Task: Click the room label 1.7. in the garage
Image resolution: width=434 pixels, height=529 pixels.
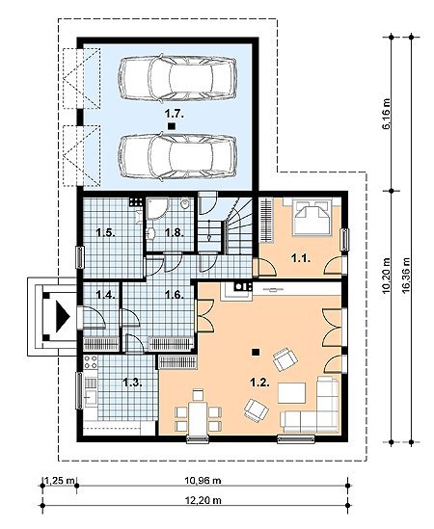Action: (x=175, y=114)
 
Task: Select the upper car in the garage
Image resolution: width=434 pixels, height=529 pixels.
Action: (x=177, y=78)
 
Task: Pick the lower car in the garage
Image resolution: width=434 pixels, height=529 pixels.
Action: (x=177, y=156)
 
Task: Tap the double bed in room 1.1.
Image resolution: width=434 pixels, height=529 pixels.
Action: (x=312, y=218)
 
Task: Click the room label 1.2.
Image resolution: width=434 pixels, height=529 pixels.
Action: (x=259, y=383)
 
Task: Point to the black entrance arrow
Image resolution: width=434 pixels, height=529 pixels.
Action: (x=63, y=316)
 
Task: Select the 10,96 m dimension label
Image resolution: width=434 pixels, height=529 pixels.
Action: (x=203, y=480)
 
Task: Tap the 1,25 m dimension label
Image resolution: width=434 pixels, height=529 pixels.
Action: (x=60, y=480)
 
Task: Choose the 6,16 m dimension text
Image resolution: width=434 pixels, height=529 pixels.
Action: (x=387, y=114)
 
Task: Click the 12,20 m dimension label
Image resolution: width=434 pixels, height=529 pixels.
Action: (x=203, y=500)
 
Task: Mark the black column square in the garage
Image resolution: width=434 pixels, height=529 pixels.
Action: (x=172, y=126)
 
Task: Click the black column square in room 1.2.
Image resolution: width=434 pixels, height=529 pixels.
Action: (x=256, y=352)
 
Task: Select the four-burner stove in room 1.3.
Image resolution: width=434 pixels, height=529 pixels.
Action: (x=91, y=362)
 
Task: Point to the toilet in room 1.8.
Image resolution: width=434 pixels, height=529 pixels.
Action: (x=185, y=204)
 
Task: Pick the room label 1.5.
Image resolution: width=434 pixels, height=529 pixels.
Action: (x=106, y=233)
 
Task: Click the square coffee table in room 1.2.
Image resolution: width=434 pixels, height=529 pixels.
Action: (x=291, y=393)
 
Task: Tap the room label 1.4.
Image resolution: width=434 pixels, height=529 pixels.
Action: (x=106, y=295)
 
